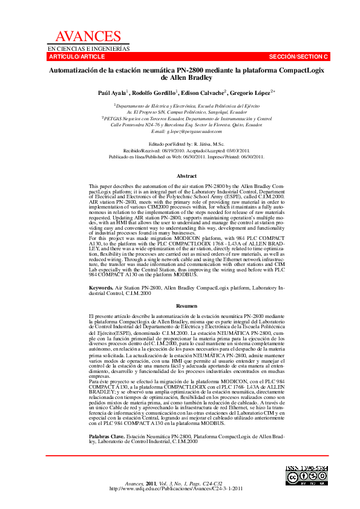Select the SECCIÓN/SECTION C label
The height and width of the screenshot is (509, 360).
(x=298, y=56)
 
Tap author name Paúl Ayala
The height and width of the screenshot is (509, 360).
(x=111, y=92)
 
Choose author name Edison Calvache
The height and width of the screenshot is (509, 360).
(x=203, y=92)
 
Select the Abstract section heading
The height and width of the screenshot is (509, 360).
(x=186, y=176)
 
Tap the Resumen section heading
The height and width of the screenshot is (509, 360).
(x=186, y=306)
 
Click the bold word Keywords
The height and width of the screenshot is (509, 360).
(x=100, y=288)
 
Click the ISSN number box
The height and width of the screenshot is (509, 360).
(x=307, y=468)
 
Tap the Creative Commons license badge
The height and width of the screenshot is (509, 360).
(x=307, y=478)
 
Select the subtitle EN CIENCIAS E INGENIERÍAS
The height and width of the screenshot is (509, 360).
(x=89, y=48)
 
